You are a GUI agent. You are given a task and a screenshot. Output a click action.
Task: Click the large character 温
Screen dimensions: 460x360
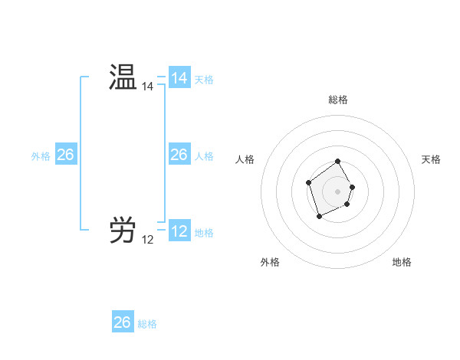[x=122, y=78]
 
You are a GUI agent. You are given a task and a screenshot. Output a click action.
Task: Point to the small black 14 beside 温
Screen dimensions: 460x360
[x=147, y=87]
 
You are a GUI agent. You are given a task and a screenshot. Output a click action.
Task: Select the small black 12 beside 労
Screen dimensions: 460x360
[x=147, y=240]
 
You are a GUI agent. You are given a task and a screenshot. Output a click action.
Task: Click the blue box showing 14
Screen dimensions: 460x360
[x=179, y=78]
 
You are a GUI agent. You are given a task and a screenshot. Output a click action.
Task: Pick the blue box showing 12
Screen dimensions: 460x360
[x=179, y=231]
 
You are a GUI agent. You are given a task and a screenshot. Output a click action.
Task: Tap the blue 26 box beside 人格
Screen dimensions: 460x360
[x=179, y=155]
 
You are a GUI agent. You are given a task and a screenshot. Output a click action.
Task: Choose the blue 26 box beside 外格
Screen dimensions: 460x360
[x=65, y=155]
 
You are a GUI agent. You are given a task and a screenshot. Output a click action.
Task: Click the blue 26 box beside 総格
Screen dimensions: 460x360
[x=122, y=322]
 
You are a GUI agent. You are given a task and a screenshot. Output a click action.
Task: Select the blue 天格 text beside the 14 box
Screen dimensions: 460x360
[x=204, y=80]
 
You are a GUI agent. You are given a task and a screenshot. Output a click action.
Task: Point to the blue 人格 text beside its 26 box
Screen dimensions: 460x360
[x=204, y=156]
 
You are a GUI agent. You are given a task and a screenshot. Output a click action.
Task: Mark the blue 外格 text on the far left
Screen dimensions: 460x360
[x=41, y=156]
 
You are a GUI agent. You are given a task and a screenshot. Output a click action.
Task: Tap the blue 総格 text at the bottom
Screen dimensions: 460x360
[x=147, y=324]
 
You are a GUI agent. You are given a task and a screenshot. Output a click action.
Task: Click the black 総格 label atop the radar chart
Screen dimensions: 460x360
[x=338, y=100]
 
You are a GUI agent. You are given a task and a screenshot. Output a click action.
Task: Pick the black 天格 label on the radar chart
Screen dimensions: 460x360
[x=432, y=159]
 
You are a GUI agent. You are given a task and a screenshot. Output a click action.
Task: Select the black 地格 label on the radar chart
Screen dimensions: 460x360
[x=402, y=263]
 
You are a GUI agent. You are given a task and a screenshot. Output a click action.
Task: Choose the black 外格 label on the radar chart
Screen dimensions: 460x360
[x=270, y=263]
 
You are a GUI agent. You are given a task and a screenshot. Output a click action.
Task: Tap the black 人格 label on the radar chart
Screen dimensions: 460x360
[x=245, y=159]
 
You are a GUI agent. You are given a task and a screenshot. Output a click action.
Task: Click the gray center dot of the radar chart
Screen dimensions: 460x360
[x=338, y=191]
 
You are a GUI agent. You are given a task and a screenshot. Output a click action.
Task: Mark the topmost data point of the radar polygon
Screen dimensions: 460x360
[x=338, y=162]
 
